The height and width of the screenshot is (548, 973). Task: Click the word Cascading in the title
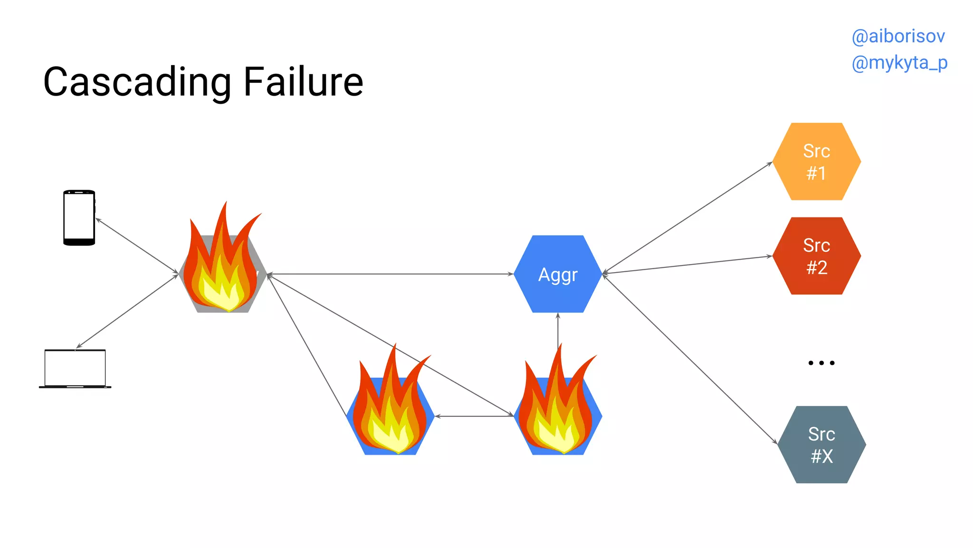(x=137, y=83)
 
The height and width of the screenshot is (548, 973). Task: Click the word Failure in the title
(x=303, y=82)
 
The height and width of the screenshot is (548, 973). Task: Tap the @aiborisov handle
(x=898, y=36)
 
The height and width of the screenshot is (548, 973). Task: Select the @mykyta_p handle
(x=899, y=63)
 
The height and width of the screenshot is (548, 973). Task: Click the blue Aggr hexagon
(x=558, y=274)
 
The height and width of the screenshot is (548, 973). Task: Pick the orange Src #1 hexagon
(x=816, y=162)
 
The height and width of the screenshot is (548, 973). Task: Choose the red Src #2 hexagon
(x=816, y=256)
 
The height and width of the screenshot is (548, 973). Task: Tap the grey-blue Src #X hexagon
(x=821, y=445)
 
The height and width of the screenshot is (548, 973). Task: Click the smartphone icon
(x=79, y=218)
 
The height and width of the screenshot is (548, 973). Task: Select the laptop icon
(x=75, y=369)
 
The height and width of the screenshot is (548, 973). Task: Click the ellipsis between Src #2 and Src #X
(x=821, y=363)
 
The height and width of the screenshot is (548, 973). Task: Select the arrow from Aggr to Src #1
(x=687, y=218)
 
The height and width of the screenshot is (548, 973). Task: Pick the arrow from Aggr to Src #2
(x=687, y=264)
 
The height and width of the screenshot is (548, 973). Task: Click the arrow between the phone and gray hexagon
(x=137, y=246)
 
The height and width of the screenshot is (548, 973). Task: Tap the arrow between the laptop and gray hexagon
(x=127, y=311)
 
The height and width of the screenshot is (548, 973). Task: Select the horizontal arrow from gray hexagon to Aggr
(x=390, y=274)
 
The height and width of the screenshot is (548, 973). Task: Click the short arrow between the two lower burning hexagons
(x=474, y=416)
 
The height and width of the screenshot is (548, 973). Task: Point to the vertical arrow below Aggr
(x=558, y=328)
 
